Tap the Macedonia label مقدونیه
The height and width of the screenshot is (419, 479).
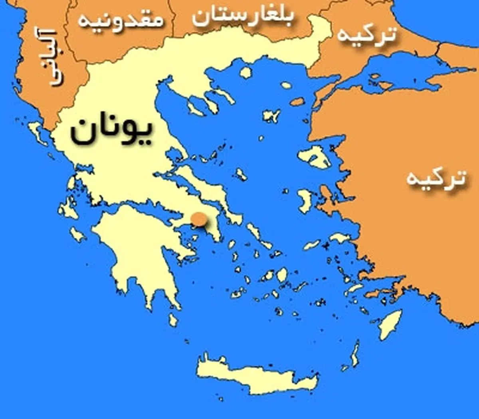tap(121, 20)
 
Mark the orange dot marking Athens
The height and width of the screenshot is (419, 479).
tap(199, 219)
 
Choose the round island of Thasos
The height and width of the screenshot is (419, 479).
tap(246, 72)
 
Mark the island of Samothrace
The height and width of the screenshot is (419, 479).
tap(286, 85)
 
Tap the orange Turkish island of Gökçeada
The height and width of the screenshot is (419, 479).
tap(297, 102)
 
